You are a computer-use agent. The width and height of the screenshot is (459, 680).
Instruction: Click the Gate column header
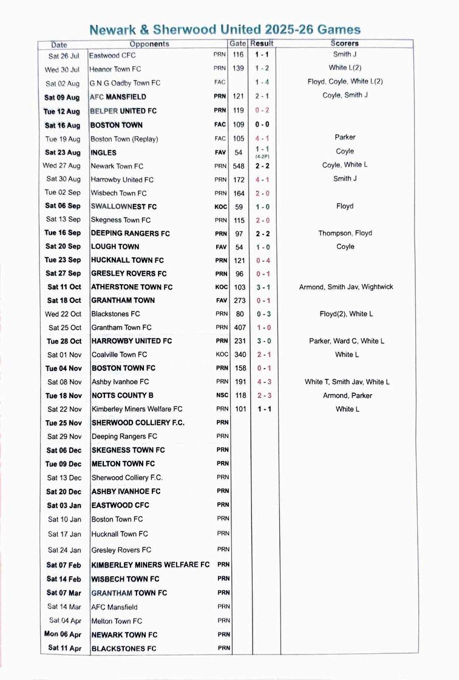(237, 44)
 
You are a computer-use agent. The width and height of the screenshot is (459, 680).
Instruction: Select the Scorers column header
(344, 44)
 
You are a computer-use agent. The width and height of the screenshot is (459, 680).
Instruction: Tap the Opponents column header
(149, 44)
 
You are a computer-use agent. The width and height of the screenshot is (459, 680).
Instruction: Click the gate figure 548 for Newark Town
(240, 166)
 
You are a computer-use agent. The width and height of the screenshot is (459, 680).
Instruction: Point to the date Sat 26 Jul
(64, 55)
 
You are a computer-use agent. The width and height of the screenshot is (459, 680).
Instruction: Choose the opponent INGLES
(103, 152)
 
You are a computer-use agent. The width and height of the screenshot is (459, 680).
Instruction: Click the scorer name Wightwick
(377, 287)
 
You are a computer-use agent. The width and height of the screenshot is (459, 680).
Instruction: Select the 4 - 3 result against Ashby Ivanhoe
(263, 382)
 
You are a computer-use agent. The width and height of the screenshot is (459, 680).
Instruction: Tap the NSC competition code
(222, 395)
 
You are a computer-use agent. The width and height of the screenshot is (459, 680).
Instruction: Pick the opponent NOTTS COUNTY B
(123, 395)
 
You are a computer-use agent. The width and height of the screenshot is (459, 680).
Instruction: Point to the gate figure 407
(240, 327)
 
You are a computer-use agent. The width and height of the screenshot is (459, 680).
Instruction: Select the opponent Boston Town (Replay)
(124, 139)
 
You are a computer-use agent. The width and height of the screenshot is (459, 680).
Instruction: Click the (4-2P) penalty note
(262, 157)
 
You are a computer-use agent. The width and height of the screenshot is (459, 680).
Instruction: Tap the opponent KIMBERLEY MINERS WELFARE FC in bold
(151, 565)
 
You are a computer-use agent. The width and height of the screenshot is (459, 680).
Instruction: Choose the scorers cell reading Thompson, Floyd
(345, 233)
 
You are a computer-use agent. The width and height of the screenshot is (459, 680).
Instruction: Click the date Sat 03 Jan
(64, 505)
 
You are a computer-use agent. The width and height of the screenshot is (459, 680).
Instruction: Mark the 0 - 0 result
(262, 125)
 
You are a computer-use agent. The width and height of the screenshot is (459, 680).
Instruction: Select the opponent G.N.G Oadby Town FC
(124, 83)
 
